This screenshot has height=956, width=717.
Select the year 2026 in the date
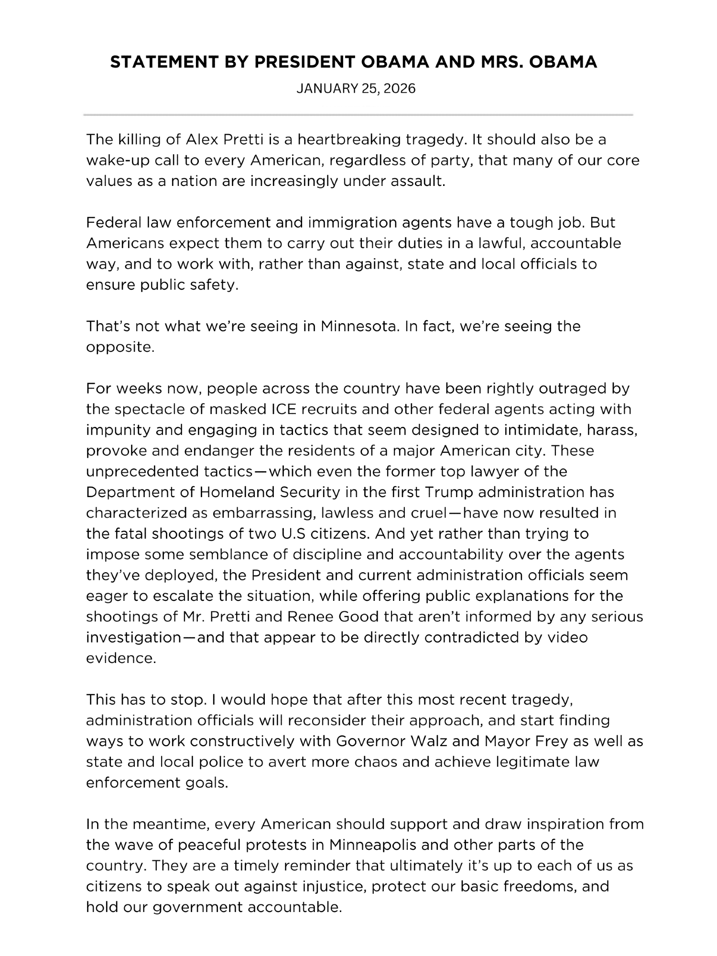click(x=400, y=89)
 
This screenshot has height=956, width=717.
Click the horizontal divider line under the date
click(x=358, y=115)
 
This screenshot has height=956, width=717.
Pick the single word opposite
click(x=119, y=348)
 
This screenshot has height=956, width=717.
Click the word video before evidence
click(x=567, y=638)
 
